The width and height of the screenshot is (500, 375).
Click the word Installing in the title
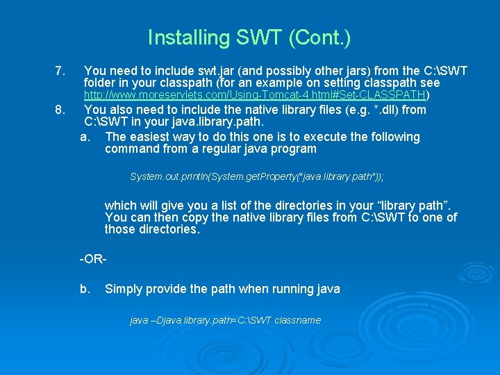click(178, 37)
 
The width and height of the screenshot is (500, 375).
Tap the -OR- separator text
click(93, 259)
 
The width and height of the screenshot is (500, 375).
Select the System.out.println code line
click(256, 177)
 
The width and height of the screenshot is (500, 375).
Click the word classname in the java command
click(297, 320)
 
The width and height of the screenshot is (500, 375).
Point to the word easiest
click(151, 137)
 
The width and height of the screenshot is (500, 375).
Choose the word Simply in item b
click(124, 289)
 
